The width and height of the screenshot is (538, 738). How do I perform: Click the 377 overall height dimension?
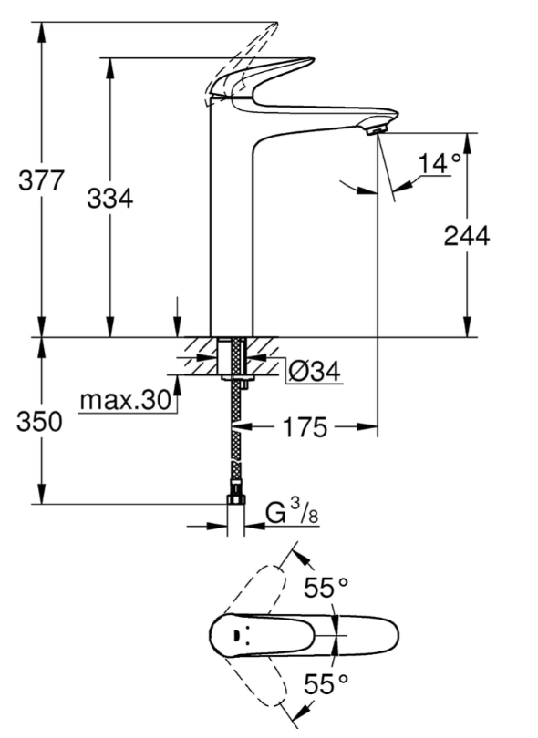[40, 180]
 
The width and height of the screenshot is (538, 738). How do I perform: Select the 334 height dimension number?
[109, 198]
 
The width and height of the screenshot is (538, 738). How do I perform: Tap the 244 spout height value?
[467, 235]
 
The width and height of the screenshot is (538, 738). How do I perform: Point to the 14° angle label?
[440, 164]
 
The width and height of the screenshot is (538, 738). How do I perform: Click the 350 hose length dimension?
[39, 421]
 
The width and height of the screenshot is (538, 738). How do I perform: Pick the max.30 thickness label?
[125, 401]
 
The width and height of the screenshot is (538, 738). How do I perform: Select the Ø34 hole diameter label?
[315, 372]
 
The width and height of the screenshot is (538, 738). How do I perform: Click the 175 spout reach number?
[305, 427]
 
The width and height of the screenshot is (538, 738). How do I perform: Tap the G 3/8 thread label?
[292, 513]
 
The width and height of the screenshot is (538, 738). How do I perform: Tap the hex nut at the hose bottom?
[235, 498]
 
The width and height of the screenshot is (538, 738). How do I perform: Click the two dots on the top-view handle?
[235, 635]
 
